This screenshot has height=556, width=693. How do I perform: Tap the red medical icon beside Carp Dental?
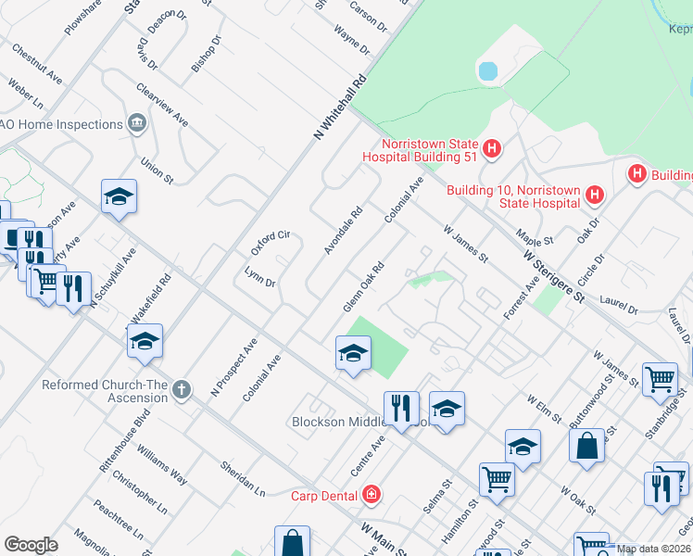[372, 495]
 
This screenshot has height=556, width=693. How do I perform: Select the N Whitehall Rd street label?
[341, 108]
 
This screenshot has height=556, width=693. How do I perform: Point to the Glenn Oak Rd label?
[363, 287]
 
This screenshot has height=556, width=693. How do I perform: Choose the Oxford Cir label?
[271, 244]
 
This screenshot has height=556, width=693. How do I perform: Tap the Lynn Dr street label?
[259, 276]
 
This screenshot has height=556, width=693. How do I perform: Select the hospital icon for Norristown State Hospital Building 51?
[492, 147]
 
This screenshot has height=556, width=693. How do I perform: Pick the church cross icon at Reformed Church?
[182, 390]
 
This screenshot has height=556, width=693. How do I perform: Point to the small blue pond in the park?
[487, 70]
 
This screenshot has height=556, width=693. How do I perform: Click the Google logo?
[31, 545]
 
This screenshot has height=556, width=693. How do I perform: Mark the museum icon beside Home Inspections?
[137, 123]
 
